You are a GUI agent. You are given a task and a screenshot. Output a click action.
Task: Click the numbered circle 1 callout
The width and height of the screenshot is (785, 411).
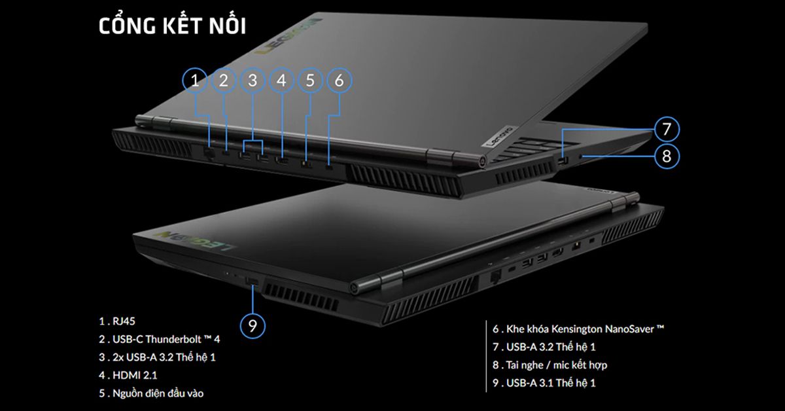click(x=194, y=80)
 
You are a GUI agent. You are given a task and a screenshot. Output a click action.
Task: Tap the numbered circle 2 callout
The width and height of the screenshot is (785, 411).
click(x=224, y=80)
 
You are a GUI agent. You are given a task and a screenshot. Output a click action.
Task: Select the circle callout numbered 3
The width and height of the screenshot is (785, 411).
click(x=253, y=80)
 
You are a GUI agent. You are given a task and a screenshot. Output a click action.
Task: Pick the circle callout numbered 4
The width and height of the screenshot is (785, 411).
click(x=281, y=80)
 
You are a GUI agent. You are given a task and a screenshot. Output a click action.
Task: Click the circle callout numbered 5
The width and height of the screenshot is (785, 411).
click(x=310, y=80)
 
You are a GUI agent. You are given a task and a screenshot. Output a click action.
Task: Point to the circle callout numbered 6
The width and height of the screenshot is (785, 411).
click(x=339, y=80)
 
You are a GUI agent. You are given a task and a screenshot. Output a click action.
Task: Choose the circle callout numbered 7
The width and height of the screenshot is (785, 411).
click(x=666, y=129)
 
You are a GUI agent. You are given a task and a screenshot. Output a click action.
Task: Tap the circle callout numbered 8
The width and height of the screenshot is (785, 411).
click(x=666, y=156)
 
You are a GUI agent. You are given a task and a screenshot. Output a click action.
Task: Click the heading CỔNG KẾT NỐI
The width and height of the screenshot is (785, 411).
click(x=172, y=27)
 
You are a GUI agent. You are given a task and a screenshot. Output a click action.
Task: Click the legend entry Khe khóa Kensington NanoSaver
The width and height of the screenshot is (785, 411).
click(x=579, y=329)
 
